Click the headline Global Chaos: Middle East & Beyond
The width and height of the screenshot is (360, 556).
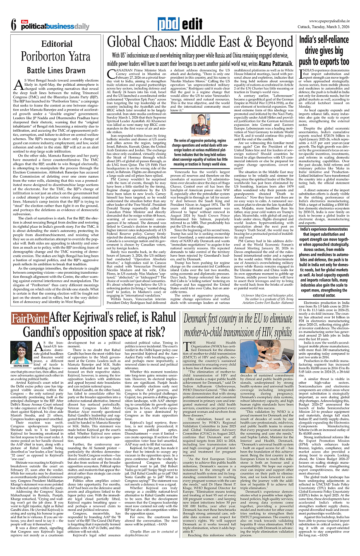200,42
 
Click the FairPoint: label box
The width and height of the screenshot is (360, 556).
30,319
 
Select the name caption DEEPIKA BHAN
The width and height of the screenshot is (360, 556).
20,366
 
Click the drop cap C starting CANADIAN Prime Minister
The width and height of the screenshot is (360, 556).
111,74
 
